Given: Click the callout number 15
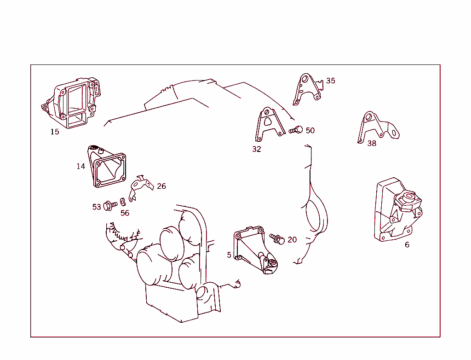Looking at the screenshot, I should (55, 132).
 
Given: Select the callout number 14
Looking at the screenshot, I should (81, 166).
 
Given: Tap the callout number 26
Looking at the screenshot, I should (161, 186).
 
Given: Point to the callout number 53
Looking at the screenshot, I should (97, 207).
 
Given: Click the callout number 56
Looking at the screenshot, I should (125, 213).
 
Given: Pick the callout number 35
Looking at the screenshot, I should (331, 81).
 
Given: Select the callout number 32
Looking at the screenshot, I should (257, 149).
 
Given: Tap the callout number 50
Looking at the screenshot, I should (310, 130).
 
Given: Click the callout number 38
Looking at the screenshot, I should (372, 143).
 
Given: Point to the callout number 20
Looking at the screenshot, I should (293, 239).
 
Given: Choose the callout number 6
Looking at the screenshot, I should (407, 244).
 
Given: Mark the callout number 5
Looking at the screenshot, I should (229, 255).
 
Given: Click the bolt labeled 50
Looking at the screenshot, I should (296, 130).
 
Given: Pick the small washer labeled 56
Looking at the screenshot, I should (123, 201).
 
